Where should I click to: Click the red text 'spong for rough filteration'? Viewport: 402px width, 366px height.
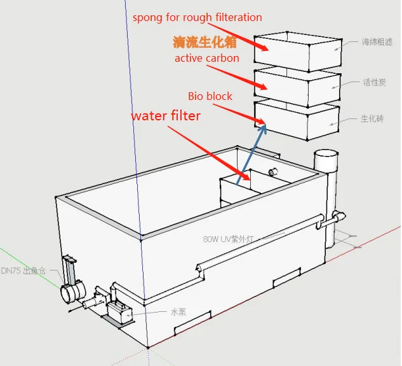pyautogui.click(x=197, y=17)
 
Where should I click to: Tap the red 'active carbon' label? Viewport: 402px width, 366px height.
pyautogui.click(x=206, y=59)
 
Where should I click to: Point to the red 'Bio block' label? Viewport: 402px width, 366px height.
pyautogui.click(x=210, y=97)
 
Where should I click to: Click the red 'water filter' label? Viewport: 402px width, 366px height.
pyautogui.click(x=166, y=116)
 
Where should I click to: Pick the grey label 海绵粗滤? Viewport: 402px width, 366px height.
pyautogui.click(x=377, y=43)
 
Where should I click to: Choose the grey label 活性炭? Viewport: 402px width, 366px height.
pyautogui.click(x=374, y=82)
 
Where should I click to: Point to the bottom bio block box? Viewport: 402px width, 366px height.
pyautogui.click(x=298, y=119)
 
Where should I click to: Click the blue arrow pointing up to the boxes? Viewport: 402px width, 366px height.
pyautogui.click(x=251, y=156)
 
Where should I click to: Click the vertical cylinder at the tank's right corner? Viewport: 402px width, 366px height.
pyautogui.click(x=327, y=191)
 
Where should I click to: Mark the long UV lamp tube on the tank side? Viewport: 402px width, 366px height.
pyautogui.click(x=260, y=245)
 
